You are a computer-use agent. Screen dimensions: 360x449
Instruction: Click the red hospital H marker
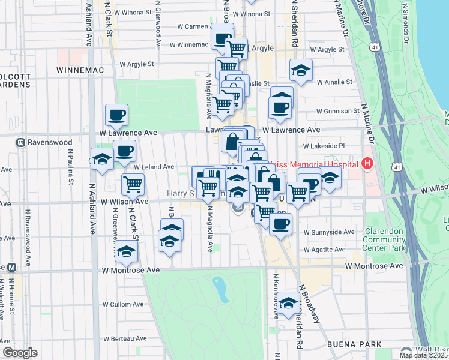(367, 164)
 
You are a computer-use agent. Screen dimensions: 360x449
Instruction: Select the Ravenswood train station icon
(20, 143)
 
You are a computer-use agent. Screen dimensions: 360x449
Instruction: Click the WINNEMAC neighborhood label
(80, 70)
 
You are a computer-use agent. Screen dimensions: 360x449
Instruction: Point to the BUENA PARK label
(352, 344)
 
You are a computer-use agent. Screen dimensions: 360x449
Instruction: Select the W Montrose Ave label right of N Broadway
(375, 265)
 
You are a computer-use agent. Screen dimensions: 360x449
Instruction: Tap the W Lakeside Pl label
(324, 146)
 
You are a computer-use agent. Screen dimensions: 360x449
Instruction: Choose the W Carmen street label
(192, 26)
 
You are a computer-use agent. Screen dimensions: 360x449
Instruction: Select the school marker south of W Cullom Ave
(289, 304)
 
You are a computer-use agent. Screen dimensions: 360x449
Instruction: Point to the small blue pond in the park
(220, 289)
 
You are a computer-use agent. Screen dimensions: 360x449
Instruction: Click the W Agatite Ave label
(325, 250)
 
